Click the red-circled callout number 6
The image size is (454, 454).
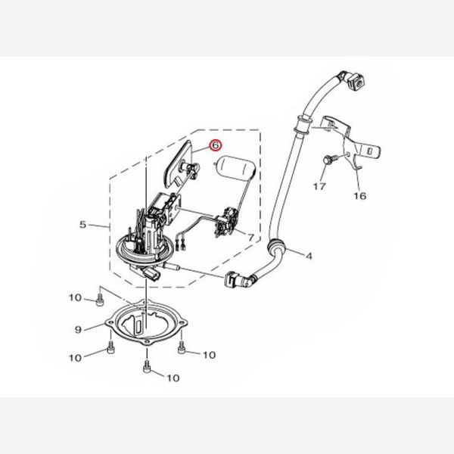[216, 145]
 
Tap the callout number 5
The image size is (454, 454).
[82, 225]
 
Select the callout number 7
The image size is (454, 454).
[250, 238]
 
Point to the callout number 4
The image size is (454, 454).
[309, 257]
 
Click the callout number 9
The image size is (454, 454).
[78, 329]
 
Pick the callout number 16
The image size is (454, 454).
[360, 196]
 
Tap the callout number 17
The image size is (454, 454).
[319, 186]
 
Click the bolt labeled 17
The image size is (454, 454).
[329, 160]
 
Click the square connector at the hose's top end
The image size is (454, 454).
[356, 82]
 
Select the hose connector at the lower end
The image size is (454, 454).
[238, 280]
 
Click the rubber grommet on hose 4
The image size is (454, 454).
[275, 246]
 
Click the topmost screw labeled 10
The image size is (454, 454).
[99, 300]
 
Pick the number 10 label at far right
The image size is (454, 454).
[209, 355]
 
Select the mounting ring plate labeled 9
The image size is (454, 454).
[147, 324]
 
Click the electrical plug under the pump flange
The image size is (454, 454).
[151, 274]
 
